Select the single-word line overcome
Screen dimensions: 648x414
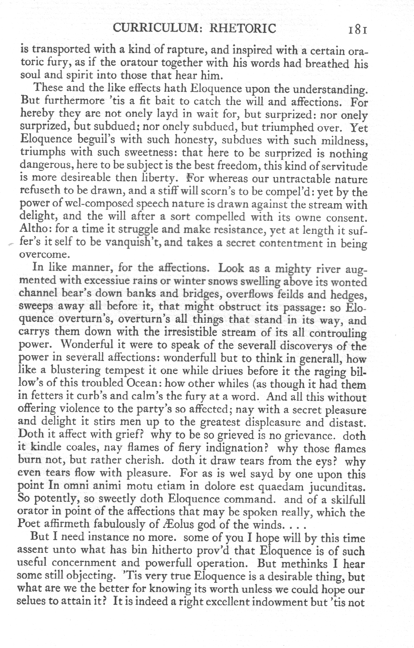[44, 255]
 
